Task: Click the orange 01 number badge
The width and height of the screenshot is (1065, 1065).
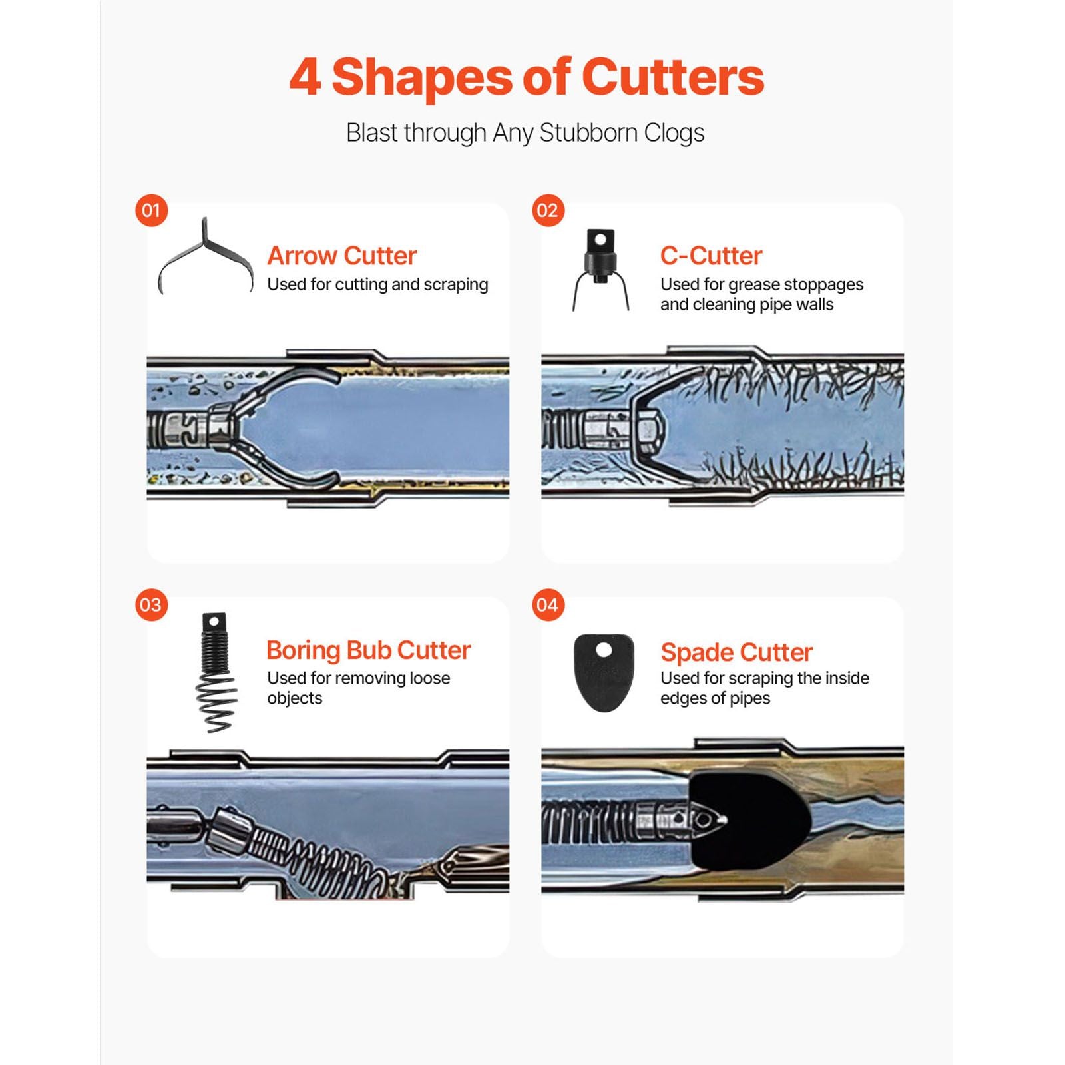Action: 151,210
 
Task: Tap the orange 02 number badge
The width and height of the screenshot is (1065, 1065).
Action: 548,210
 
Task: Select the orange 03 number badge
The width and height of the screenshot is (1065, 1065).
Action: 151,605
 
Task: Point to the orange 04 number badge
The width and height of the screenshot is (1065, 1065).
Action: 548,605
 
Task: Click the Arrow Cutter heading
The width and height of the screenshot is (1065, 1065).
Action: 341,256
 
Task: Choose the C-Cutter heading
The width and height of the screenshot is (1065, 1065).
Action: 711,256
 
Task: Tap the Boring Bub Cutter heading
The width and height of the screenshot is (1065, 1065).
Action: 368,650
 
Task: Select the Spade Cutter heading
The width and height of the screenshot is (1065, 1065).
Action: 736,652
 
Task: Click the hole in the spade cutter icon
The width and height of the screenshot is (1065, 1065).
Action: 603,650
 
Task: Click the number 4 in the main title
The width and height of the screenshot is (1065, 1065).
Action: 306,78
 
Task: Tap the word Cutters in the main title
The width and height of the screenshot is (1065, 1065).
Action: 673,77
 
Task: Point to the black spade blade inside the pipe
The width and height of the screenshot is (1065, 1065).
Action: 749,821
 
